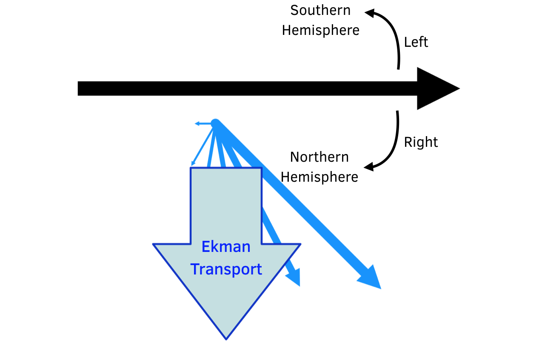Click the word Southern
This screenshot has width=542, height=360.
coord(320,10)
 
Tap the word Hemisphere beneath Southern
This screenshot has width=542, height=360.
coord(320,31)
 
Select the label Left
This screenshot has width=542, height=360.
coord(416,42)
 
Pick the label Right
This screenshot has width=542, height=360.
coord(421,142)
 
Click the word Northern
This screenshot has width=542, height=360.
coord(319,157)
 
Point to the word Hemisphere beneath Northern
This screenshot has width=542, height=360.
coord(319,177)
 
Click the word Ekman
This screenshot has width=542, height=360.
coord(226,247)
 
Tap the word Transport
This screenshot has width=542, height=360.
coord(226,269)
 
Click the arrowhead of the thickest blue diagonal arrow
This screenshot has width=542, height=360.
coord(370,278)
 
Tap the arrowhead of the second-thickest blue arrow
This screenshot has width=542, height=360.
coord(294,277)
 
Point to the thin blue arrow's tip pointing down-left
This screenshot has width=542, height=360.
coord(193,163)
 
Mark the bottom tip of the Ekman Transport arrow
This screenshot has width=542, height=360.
coord(226,338)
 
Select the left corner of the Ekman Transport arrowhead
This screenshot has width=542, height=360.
coord(154,244)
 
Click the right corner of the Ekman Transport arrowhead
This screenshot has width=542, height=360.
coord(300,244)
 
